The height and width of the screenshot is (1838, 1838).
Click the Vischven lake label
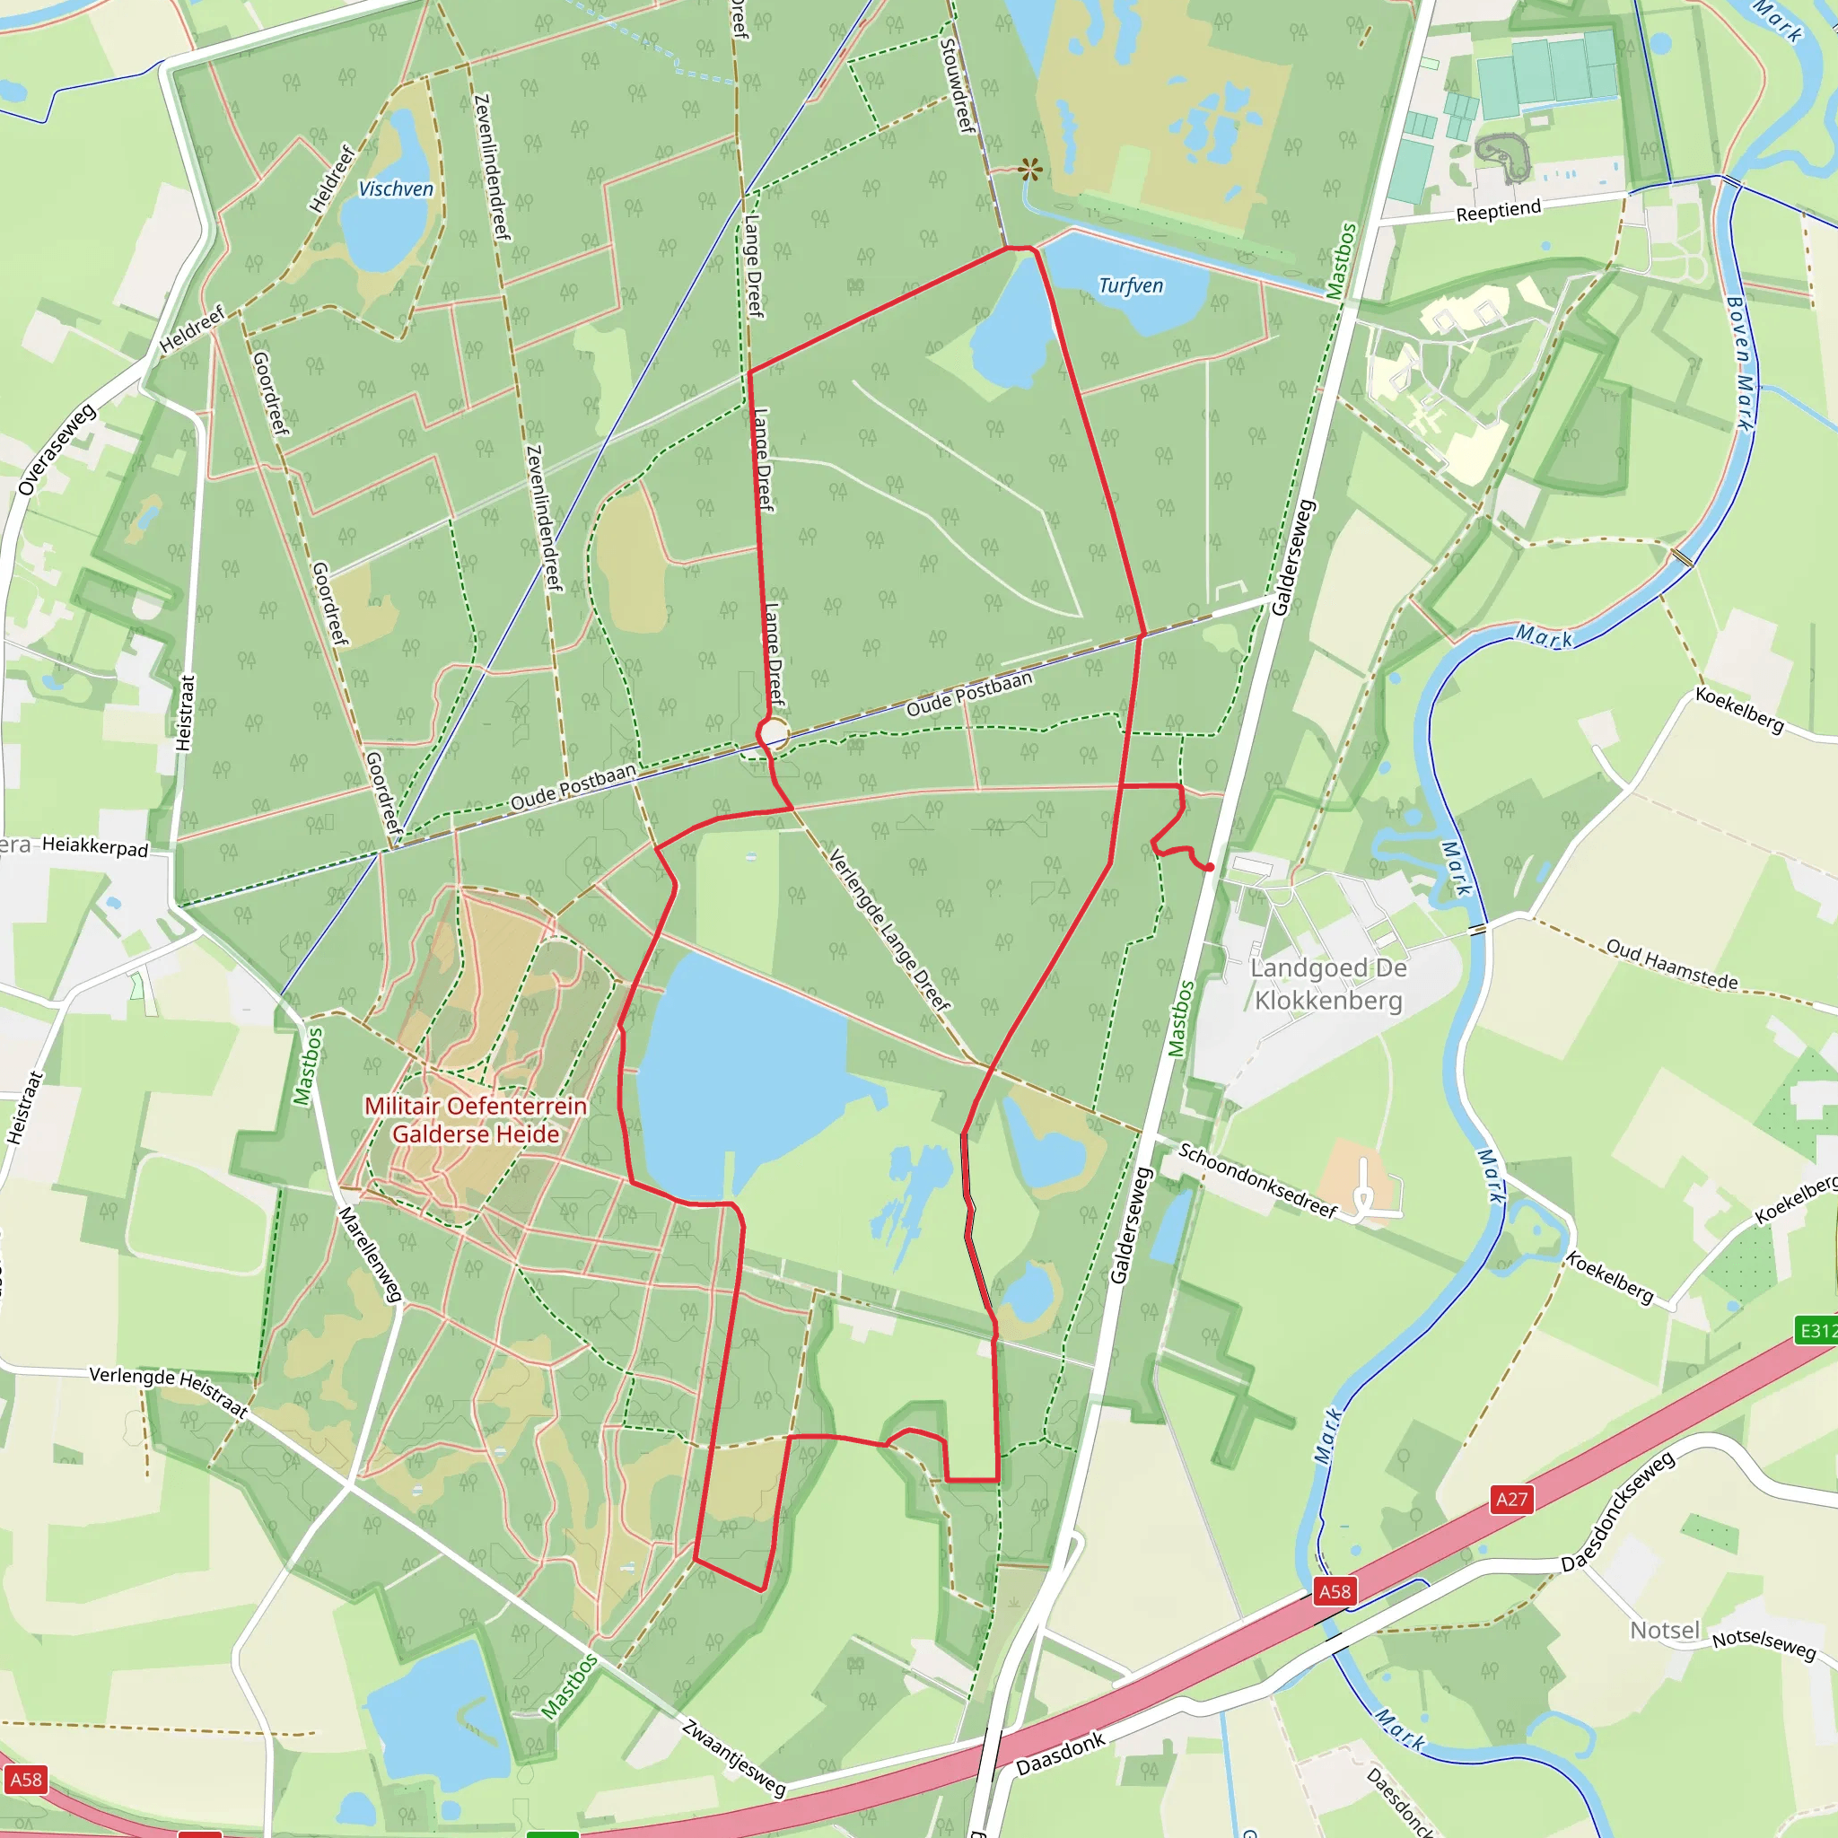pyautogui.click(x=396, y=189)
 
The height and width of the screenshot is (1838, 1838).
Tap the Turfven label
pyautogui.click(x=1130, y=285)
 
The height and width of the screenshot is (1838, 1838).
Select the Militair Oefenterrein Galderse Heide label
pyautogui.click(x=476, y=1120)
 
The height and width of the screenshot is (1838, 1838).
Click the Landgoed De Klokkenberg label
pyautogui.click(x=1328, y=984)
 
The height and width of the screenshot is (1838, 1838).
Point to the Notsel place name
pyautogui.click(x=1664, y=1630)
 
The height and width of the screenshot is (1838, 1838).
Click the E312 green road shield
pyautogui.click(x=1816, y=1330)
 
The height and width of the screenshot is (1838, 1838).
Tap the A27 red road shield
pyautogui.click(x=1511, y=1500)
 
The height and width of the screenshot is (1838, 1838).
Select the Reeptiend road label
pyautogui.click(x=1499, y=210)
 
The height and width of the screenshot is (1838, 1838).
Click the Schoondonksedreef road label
pyautogui.click(x=1257, y=1179)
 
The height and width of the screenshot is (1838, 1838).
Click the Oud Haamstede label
pyautogui.click(x=1671, y=964)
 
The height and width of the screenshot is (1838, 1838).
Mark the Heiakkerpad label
pyautogui.click(x=95, y=846)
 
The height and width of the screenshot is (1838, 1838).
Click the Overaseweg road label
pyautogui.click(x=57, y=449)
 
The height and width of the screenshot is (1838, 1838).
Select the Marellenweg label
pyautogui.click(x=370, y=1254)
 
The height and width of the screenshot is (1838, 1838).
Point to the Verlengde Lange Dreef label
pyautogui.click(x=889, y=930)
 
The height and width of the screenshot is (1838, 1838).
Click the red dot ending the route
pyautogui.click(x=1209, y=868)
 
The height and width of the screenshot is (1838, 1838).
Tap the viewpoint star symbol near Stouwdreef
pyautogui.click(x=1029, y=171)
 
